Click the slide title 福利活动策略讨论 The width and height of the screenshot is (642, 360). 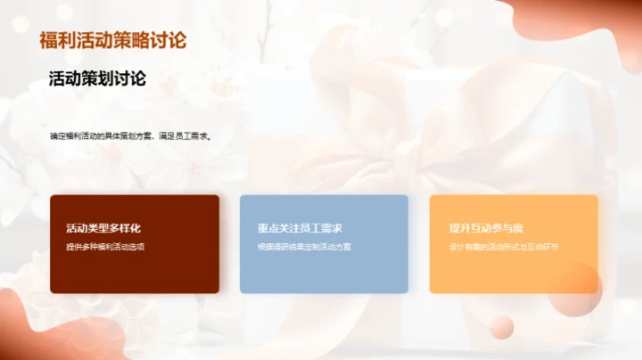113,40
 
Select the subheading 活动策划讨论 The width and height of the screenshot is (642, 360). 98,79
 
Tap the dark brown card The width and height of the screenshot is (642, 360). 135,267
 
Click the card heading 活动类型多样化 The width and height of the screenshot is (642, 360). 103,228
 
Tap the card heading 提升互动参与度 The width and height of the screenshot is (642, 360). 487,228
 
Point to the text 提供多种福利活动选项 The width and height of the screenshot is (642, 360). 105,246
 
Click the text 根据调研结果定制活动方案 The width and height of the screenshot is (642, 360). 305,246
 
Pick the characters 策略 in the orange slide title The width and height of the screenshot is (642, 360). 132,40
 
